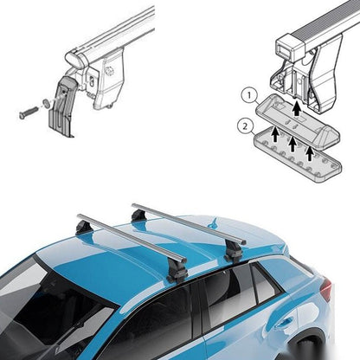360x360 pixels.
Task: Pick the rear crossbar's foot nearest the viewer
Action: point(234,248)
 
